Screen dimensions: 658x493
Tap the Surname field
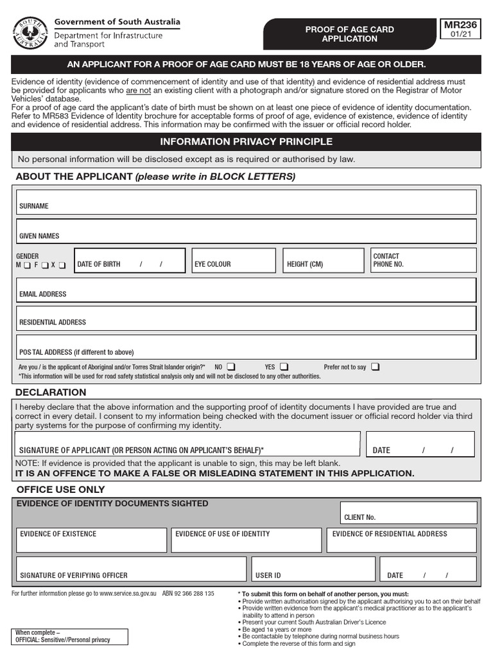point(246,202)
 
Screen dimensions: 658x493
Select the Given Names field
point(246,231)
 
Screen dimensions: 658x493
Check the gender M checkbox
point(27,265)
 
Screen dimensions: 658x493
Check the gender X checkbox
point(62,265)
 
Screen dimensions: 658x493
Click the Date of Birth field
point(130,261)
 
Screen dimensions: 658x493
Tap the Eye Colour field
point(234,261)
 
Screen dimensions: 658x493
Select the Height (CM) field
point(324,261)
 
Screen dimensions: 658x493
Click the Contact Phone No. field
point(423,260)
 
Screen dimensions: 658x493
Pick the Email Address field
point(246,290)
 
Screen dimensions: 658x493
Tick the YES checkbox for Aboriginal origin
point(284,367)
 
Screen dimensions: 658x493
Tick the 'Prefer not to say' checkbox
point(375,367)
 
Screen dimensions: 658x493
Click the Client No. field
point(410,513)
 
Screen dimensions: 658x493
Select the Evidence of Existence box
point(92,540)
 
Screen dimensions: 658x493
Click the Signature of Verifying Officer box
point(131,569)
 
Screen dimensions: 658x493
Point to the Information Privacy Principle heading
point(246,141)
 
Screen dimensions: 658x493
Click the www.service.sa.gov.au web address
point(128,594)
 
